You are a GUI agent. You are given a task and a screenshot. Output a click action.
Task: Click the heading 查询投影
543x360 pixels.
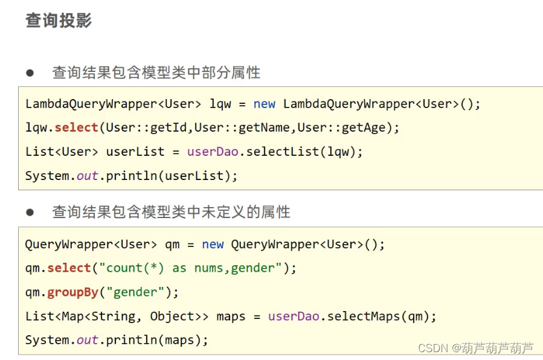coord(59,21)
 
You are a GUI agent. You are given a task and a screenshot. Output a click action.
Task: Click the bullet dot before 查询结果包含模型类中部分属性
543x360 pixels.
coord(30,73)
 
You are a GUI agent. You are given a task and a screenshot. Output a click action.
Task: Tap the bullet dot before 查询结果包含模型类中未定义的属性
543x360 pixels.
coord(30,213)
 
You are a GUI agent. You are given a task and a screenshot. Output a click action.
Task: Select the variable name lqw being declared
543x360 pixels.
coord(220,104)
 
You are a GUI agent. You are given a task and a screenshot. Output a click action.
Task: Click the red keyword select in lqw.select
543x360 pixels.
coord(76,128)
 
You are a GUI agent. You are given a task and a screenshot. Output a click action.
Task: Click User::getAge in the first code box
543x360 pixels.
coord(344,128)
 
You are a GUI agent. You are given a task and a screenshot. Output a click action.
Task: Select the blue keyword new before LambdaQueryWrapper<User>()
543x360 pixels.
coord(265,104)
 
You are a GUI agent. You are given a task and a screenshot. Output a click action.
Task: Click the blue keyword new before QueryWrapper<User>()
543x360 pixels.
coord(213,245)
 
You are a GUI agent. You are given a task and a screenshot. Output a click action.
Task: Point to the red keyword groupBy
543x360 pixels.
coord(72,292)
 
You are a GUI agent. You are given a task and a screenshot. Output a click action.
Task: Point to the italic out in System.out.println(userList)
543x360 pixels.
coord(88,176)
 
